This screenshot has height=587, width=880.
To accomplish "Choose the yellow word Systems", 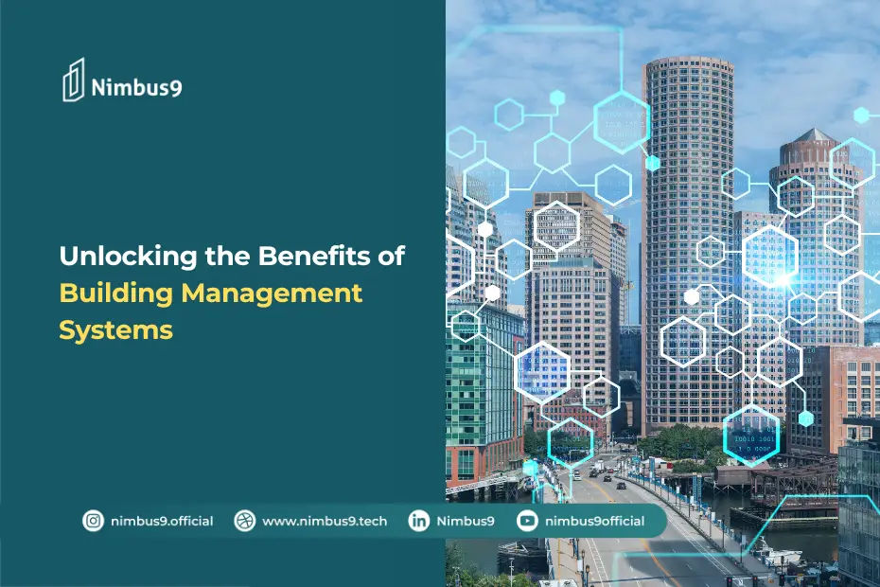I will pos(115,329).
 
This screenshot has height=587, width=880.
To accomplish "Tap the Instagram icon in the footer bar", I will pos(93,521).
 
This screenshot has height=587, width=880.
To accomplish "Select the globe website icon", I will pos(245,521).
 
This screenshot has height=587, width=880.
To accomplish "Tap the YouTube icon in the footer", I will pos(527,521).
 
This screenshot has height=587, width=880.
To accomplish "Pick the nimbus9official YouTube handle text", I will pos(595,521).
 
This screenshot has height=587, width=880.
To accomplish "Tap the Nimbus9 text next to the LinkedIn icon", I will pos(466,521).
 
